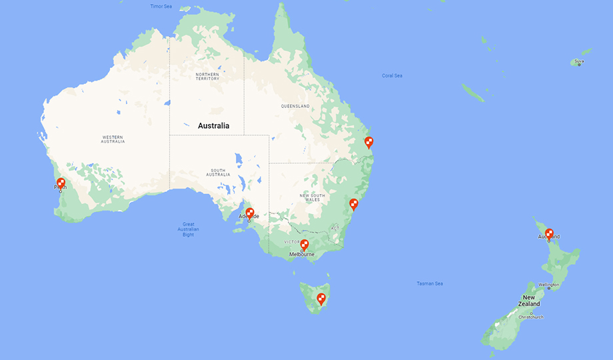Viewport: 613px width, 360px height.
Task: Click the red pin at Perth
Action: pos(61,183)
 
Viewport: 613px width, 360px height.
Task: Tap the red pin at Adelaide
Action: pos(250,213)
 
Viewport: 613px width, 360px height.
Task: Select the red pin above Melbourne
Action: pos(305,244)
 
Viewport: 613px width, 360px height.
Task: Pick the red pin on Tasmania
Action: pos(321,298)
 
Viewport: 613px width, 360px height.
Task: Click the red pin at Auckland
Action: pos(549,233)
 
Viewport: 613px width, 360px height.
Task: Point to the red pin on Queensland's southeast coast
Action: pos(368,141)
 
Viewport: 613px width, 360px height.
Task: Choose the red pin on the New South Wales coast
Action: pos(354,203)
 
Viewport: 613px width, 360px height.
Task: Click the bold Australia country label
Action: pos(213,125)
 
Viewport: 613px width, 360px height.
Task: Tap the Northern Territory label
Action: pos(207,76)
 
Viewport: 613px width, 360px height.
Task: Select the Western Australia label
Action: pos(113,139)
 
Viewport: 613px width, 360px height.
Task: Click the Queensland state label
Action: pos(295,106)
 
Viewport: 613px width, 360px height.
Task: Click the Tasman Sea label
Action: pos(430,283)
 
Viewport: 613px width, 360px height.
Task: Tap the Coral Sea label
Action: pos(392,75)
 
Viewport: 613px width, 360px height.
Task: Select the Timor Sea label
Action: pos(161,6)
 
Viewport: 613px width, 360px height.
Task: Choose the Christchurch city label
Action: pos(531,317)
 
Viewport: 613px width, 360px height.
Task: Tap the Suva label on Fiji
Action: pos(579,61)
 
